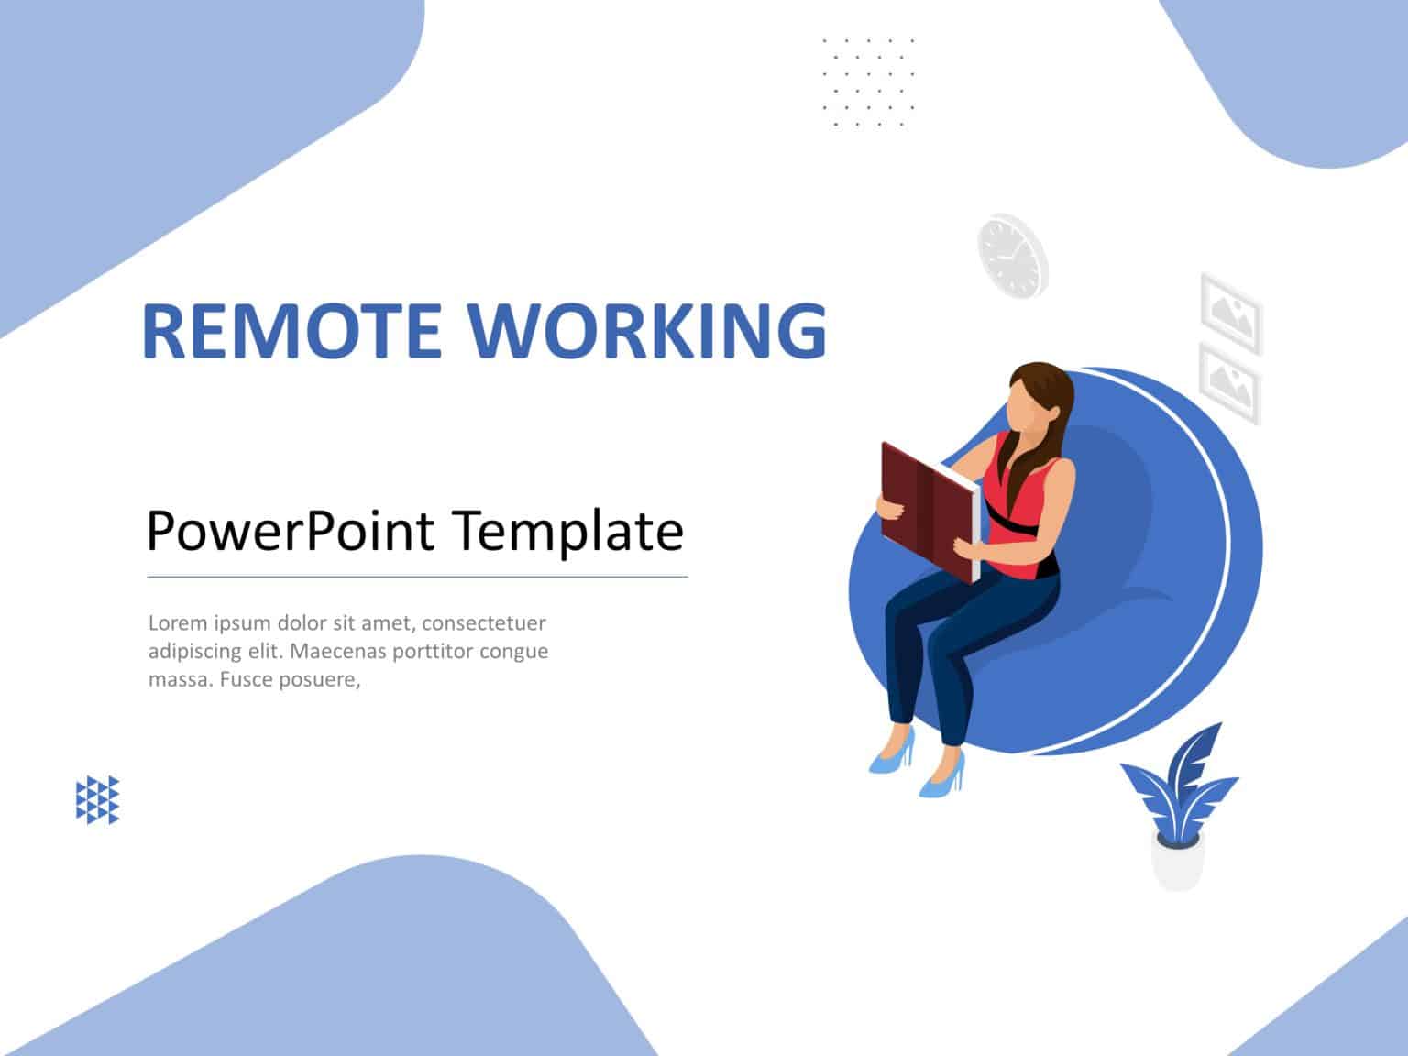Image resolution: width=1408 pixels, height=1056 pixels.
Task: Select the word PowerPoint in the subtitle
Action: coord(291,531)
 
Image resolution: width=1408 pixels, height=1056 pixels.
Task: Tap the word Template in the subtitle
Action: coord(568,531)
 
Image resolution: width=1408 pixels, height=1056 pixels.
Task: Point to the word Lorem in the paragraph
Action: coord(178,623)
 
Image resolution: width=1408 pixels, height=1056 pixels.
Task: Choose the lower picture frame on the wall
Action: coord(1229,380)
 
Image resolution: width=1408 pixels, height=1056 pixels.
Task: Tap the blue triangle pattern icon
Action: coord(97,799)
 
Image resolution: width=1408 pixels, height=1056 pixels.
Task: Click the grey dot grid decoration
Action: coord(867,82)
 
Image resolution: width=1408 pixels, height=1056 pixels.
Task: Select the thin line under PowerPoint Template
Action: coord(417,577)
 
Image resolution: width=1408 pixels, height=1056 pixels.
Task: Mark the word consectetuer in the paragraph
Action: coord(484,623)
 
